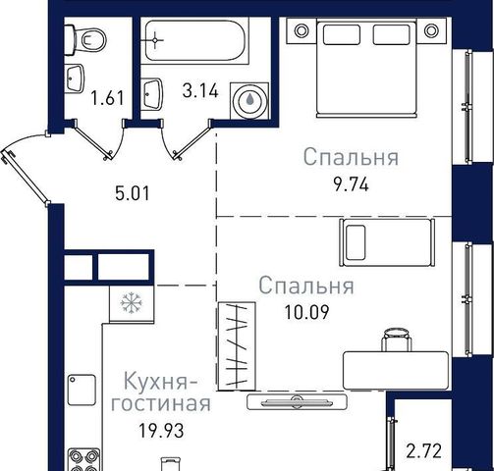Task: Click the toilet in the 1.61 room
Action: click(x=85, y=40)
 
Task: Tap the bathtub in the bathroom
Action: click(x=195, y=40)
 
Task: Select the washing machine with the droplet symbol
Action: click(x=249, y=101)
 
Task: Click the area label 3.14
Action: click(x=200, y=90)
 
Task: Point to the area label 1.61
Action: click(x=108, y=98)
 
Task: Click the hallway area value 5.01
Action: click(x=133, y=193)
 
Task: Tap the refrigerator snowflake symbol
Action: click(x=132, y=303)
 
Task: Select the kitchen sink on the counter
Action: click(x=82, y=390)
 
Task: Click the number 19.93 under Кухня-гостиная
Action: click(x=161, y=431)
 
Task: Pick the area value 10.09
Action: click(x=306, y=312)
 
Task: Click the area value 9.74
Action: click(x=351, y=185)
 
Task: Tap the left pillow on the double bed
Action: click(x=342, y=34)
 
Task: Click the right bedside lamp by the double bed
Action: click(x=431, y=30)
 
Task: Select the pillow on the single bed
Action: click(x=356, y=242)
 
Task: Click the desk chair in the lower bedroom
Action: click(x=397, y=340)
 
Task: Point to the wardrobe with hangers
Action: click(x=237, y=346)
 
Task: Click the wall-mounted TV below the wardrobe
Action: click(x=297, y=402)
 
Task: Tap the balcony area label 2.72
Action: click(x=424, y=451)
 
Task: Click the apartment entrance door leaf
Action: click(x=25, y=178)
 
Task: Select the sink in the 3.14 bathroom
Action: click(x=153, y=93)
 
